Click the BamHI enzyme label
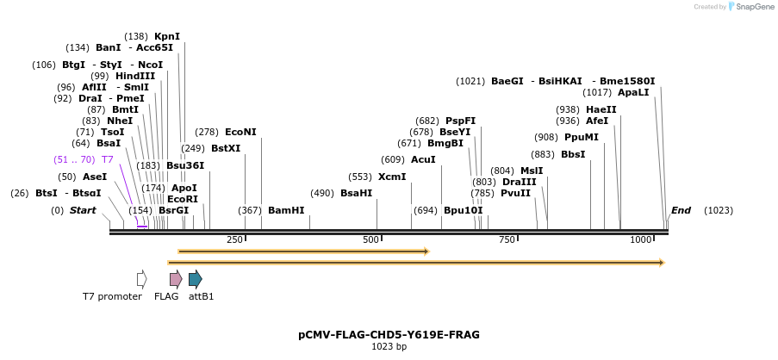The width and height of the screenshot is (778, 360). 286,210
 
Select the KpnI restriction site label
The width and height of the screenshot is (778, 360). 167,36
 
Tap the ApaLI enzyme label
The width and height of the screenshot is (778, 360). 633,92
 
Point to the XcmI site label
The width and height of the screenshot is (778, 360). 392,177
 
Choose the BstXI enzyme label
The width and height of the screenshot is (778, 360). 226,148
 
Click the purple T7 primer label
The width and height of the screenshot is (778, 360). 108,159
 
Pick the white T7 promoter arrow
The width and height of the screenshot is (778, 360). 141,278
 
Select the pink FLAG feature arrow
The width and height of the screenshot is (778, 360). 176,278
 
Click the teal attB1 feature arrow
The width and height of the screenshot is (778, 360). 196,278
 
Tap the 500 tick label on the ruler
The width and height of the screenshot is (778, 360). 370,239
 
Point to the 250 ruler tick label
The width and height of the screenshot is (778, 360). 234,239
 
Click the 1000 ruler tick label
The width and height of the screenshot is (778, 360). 641,239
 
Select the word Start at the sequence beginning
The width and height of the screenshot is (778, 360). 83,210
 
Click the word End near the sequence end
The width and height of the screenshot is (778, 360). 681,210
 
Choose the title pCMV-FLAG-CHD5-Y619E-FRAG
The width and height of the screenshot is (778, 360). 389,334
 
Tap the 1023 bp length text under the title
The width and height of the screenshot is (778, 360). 389,347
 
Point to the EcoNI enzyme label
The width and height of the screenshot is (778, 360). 240,132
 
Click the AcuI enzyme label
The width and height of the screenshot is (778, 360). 423,159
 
